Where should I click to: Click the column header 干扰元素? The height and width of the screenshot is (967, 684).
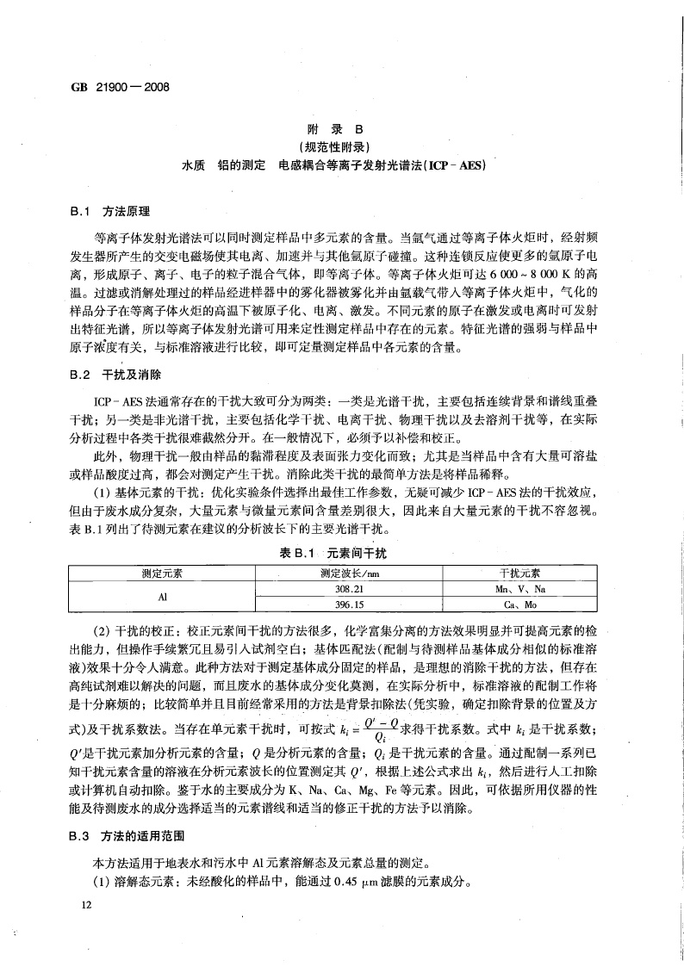coord(519,572)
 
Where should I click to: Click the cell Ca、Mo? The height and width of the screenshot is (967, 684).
coord(519,604)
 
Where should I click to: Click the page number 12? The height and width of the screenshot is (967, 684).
coord(84,905)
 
